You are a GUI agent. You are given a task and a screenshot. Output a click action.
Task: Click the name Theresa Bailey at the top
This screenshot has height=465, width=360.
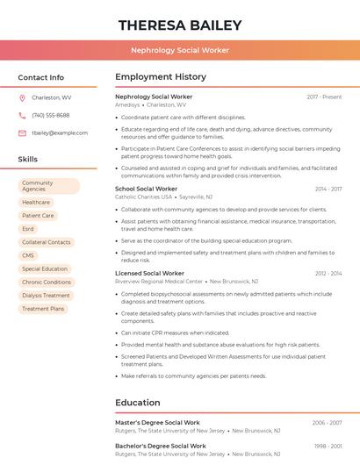click(x=180, y=25)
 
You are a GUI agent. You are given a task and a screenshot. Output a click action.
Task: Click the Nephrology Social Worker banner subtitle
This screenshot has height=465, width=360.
click(x=180, y=50)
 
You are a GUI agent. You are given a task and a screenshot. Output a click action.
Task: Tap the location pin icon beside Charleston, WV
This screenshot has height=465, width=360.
click(x=22, y=97)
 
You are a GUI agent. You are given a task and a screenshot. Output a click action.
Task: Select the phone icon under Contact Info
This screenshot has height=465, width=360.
click(x=22, y=115)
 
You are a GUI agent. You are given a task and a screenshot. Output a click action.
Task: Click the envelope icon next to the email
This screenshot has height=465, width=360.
click(x=22, y=132)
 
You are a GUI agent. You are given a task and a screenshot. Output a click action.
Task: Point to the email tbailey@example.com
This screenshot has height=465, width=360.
click(x=60, y=132)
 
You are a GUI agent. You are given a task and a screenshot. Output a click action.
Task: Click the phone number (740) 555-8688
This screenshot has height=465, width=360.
click(x=50, y=115)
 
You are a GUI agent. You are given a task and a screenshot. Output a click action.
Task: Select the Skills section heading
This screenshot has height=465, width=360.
click(x=28, y=159)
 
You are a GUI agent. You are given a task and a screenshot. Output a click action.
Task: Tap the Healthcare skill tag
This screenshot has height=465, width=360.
click(x=36, y=203)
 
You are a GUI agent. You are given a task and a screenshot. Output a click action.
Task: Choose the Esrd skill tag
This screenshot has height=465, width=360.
click(x=29, y=229)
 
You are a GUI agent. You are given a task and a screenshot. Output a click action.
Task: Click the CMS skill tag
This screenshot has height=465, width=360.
click(x=29, y=255)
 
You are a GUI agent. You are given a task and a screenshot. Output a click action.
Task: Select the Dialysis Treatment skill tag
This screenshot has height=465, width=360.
click(x=46, y=296)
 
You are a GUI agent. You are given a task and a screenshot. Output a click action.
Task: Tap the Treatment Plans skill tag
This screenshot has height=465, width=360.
click(x=43, y=309)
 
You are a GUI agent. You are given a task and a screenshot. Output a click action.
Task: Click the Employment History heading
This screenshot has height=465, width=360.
click(x=161, y=77)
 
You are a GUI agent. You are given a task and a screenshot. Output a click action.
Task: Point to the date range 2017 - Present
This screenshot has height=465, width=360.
click(x=324, y=97)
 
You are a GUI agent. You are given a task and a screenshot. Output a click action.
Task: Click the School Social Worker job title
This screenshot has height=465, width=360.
click(x=146, y=189)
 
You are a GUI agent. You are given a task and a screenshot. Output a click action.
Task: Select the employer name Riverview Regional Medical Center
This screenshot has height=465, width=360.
click(x=159, y=282)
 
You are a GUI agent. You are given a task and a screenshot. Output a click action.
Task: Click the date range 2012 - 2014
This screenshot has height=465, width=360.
click(x=328, y=274)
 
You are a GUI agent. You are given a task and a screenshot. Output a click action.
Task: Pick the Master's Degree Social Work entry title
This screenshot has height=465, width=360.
click(x=157, y=423)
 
